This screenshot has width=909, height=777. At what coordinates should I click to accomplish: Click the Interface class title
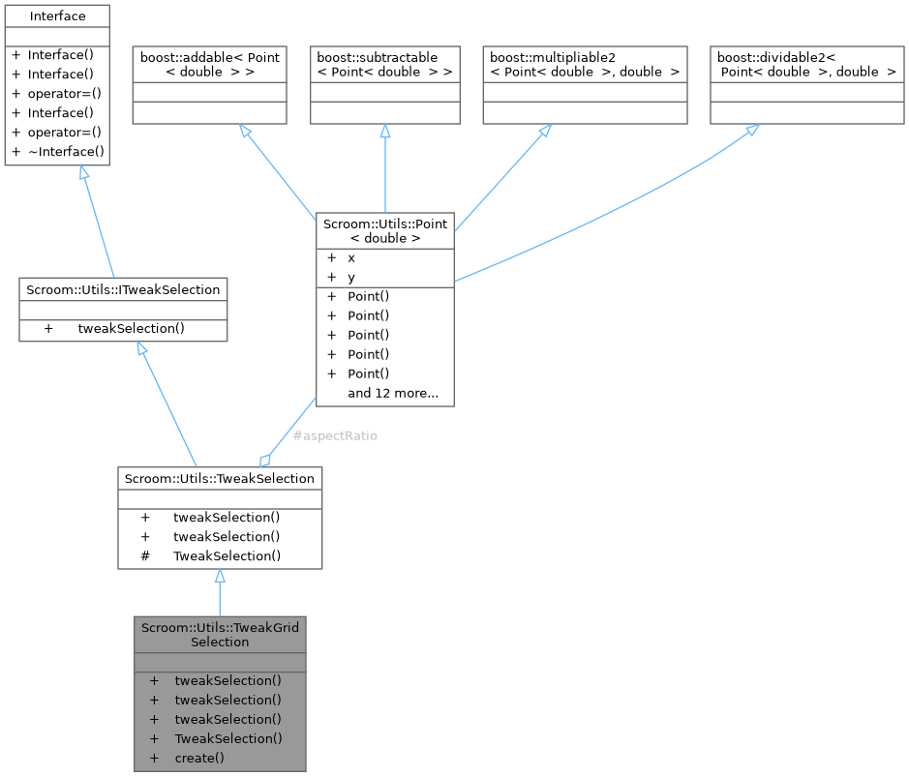point(57,16)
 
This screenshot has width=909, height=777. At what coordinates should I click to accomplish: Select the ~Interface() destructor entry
point(66,151)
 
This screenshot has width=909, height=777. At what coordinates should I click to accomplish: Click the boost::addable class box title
point(209,65)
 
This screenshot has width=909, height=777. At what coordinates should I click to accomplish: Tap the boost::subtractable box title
point(385,65)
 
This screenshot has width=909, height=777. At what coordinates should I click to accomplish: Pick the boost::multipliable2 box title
point(585,65)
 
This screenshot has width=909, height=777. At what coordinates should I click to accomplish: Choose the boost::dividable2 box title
point(806,65)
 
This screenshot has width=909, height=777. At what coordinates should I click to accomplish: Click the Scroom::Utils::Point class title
point(385,230)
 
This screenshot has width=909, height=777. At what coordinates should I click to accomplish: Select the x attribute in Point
point(351,258)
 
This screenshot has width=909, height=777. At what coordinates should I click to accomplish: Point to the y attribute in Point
point(351,277)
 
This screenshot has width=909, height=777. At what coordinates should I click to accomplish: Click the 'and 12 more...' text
point(393,393)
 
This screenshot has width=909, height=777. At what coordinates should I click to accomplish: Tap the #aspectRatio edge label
point(335,435)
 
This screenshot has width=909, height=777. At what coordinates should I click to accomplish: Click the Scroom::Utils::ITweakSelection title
point(124,288)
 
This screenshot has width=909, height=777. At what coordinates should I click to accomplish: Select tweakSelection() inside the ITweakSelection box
point(132,328)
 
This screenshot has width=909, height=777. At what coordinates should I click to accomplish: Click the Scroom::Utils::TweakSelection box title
point(220,478)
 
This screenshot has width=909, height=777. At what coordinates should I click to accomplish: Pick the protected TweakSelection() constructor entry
point(227,555)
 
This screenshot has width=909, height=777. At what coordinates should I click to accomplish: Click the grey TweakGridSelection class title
point(221,635)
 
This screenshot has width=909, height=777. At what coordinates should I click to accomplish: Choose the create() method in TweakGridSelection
point(199,758)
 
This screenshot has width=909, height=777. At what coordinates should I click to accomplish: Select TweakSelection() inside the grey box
point(228,738)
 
